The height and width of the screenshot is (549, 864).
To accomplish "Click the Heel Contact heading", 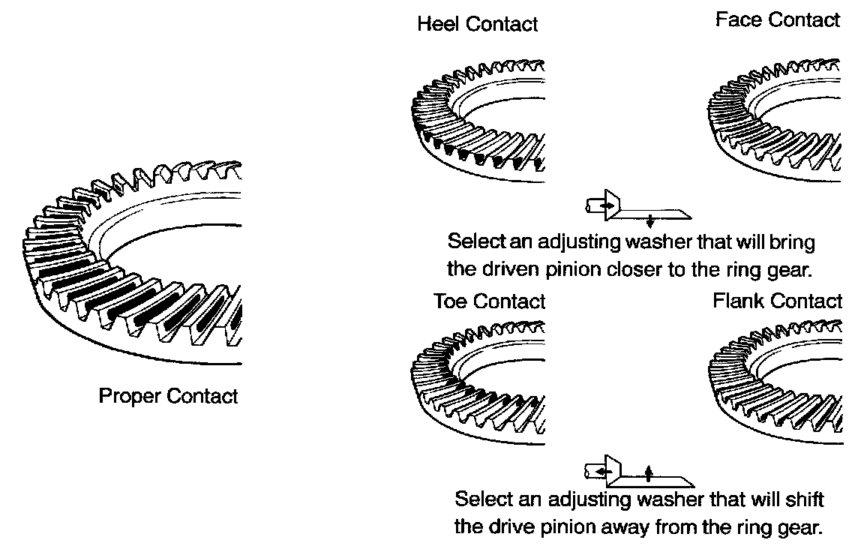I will tap(477, 24).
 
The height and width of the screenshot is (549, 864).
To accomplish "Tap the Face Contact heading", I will tap(777, 20).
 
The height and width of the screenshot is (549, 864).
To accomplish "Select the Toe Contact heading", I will tap(489, 301).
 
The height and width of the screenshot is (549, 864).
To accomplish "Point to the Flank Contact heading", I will tap(777, 301).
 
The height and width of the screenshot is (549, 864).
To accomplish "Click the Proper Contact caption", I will tap(168, 395).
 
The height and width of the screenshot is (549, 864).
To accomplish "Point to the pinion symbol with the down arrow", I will tap(637, 209).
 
